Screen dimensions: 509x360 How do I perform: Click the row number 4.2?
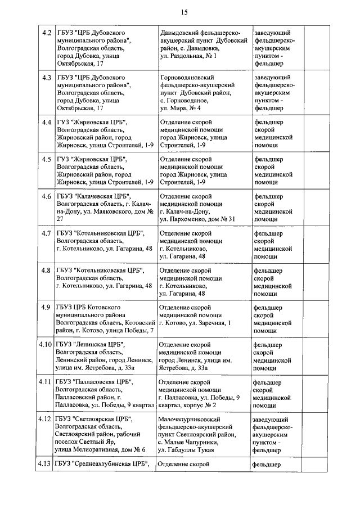[x=47, y=32]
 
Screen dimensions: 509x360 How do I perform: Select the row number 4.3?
[x=47, y=77]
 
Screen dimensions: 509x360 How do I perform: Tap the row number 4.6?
[x=47, y=196]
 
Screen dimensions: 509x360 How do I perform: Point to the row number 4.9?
[x=47, y=307]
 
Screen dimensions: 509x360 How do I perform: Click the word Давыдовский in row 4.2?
[x=180, y=33]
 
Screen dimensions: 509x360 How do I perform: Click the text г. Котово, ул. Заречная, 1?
[x=195, y=322]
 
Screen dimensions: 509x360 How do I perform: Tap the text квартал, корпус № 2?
[x=188, y=405]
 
